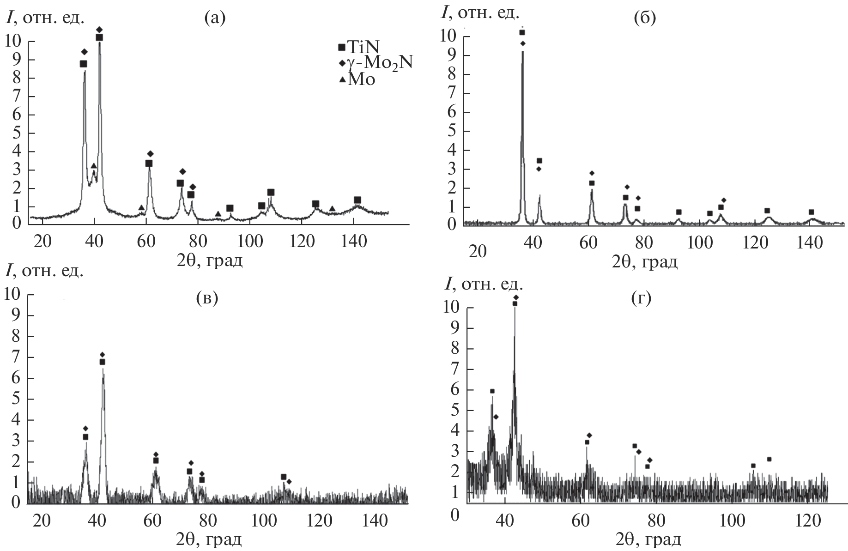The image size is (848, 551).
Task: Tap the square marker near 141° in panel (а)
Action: pyautogui.click(x=357, y=200)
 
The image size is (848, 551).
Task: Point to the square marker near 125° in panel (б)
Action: pyautogui.click(x=767, y=211)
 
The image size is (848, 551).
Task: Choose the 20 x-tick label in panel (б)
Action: pyautogui.click(x=477, y=252)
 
